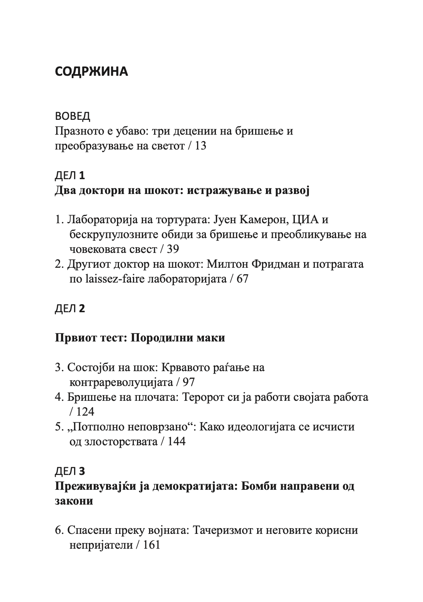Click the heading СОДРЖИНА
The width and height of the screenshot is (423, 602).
(x=91, y=72)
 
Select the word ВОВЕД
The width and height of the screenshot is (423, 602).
(x=73, y=116)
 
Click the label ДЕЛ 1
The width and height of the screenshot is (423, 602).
(x=70, y=176)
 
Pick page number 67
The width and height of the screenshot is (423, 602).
(x=242, y=279)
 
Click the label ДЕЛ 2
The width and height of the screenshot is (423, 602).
(x=70, y=309)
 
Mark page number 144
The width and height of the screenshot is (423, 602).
(x=177, y=442)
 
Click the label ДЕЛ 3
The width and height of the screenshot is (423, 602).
(x=70, y=471)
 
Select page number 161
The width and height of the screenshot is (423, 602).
(x=151, y=545)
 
